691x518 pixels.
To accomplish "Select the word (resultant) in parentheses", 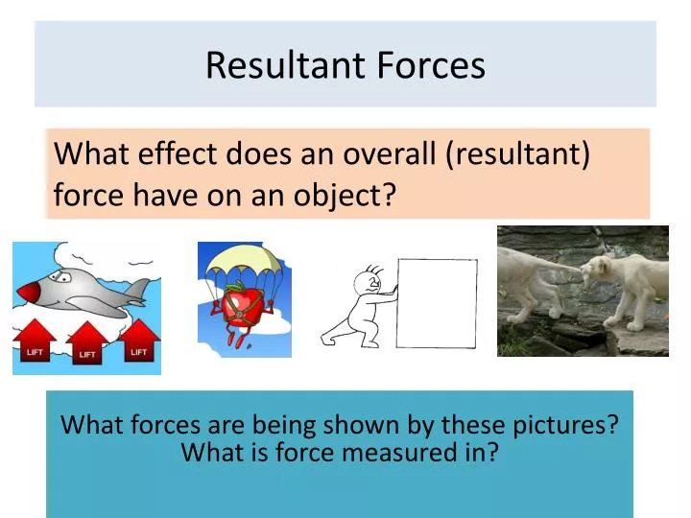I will (518, 153).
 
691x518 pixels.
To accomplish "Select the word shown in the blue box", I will (369, 425).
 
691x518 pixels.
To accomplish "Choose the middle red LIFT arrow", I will (87, 347).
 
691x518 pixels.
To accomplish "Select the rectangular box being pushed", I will (437, 302).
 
